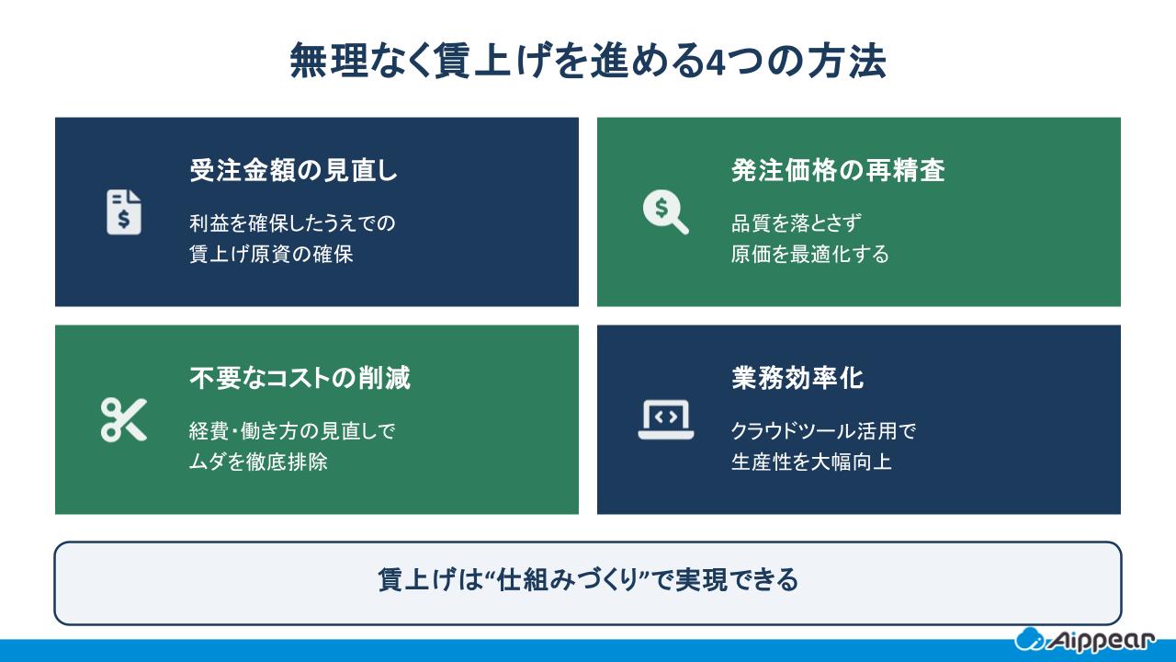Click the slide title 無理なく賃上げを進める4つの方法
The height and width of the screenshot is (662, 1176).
click(x=588, y=63)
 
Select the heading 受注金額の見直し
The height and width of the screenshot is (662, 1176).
click(x=293, y=170)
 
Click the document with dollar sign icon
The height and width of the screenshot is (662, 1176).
click(x=124, y=211)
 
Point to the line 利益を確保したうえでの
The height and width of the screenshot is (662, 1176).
click(x=291, y=223)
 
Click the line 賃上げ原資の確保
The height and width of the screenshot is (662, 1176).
click(x=271, y=254)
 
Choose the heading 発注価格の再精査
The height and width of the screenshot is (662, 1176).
click(x=838, y=170)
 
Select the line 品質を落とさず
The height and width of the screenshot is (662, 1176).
click(x=795, y=223)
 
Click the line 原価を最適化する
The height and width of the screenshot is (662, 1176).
click(x=809, y=254)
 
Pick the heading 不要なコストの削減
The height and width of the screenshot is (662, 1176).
click(x=300, y=378)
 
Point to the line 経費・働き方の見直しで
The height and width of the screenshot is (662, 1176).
click(x=291, y=430)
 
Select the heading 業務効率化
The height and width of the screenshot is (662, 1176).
click(x=797, y=378)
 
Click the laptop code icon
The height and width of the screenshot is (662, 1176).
click(x=665, y=419)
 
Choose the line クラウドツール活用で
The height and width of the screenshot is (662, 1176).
click(x=823, y=430)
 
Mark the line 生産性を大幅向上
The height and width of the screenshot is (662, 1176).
click(x=811, y=462)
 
